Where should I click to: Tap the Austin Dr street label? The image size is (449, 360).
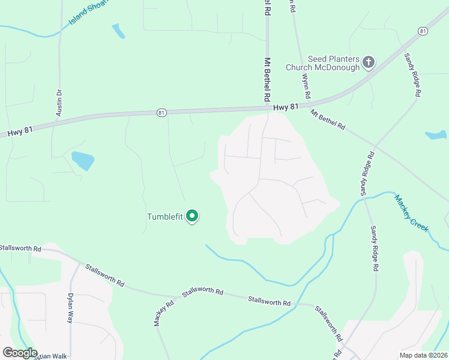(x=59, y=100)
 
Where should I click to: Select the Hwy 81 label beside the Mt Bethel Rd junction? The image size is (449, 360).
(x=285, y=107)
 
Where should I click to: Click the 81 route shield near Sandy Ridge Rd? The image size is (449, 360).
(x=424, y=31)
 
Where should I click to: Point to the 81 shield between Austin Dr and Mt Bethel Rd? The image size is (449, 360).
(x=160, y=112)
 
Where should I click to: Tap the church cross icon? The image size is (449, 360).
(x=369, y=61)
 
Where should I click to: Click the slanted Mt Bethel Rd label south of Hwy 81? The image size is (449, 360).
(x=328, y=119)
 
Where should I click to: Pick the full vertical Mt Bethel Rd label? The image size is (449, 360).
(x=267, y=79)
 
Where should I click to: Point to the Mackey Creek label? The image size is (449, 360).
(x=412, y=213)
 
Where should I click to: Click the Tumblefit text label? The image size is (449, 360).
(x=165, y=217)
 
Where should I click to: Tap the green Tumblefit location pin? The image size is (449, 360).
(x=192, y=215)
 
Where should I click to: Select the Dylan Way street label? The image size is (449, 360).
(x=70, y=308)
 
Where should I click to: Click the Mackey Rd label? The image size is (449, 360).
(x=159, y=313)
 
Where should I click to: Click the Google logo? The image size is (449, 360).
(x=20, y=353)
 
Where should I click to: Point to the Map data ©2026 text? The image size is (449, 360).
(x=424, y=355)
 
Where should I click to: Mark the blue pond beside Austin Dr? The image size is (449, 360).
(x=83, y=160)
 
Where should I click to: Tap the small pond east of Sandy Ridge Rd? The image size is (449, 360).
(x=436, y=135)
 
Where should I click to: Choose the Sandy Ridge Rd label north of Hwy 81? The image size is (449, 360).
(x=412, y=75)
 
